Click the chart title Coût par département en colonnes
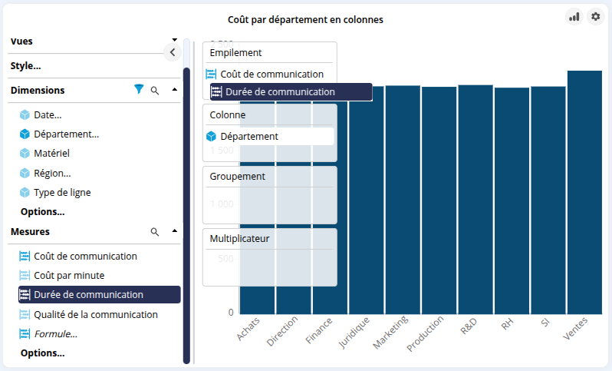pyautogui.click(x=305, y=20)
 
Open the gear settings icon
pyautogui.click(x=595, y=16)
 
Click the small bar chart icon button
pyautogui.click(x=574, y=16)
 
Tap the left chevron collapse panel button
pyautogui.click(x=173, y=52)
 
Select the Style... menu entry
pyautogui.click(x=26, y=66)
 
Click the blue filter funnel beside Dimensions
pyautogui.click(x=139, y=90)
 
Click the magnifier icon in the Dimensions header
pyautogui.click(x=155, y=91)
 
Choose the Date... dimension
pyautogui.click(x=47, y=114)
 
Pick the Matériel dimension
pyautogui.click(x=51, y=154)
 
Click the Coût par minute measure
pyautogui.click(x=69, y=275)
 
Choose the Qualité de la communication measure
pyautogui.click(x=95, y=314)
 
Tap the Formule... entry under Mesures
pyautogui.click(x=55, y=334)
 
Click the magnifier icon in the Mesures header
pyautogui.click(x=155, y=232)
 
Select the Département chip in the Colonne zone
pyautogui.click(x=248, y=136)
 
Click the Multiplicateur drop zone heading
pyautogui.click(x=239, y=238)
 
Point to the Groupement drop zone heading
pyautogui.click(x=237, y=176)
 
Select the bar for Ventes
pyautogui.click(x=584, y=192)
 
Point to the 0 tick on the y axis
pyautogui.click(x=231, y=313)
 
